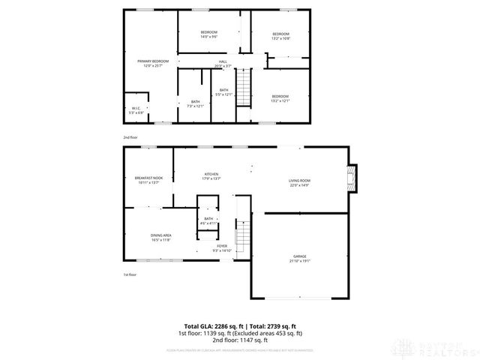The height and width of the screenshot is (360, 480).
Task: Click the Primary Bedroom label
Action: (x=152, y=63)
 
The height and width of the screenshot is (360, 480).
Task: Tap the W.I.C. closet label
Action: (x=136, y=109)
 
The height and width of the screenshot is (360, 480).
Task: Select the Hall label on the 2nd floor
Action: (x=223, y=64)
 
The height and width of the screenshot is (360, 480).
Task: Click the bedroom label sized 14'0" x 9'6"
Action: (x=208, y=34)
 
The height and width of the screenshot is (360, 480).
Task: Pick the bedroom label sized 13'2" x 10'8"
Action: (x=280, y=36)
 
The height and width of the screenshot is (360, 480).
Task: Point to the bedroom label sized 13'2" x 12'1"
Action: (x=280, y=98)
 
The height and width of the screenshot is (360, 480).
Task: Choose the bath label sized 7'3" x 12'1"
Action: (x=195, y=103)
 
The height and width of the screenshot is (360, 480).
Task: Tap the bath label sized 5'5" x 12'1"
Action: (x=223, y=92)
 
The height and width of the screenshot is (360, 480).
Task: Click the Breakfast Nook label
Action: (x=148, y=180)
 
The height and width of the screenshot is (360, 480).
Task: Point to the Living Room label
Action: (x=299, y=182)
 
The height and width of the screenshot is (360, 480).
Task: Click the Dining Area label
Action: (x=161, y=237)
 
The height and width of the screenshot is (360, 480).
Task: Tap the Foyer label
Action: (x=222, y=247)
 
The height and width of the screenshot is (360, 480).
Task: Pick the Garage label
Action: (x=300, y=259)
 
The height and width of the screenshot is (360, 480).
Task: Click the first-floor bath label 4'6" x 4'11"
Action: (x=208, y=222)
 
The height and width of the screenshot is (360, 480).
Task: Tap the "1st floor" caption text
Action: (x=130, y=274)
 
